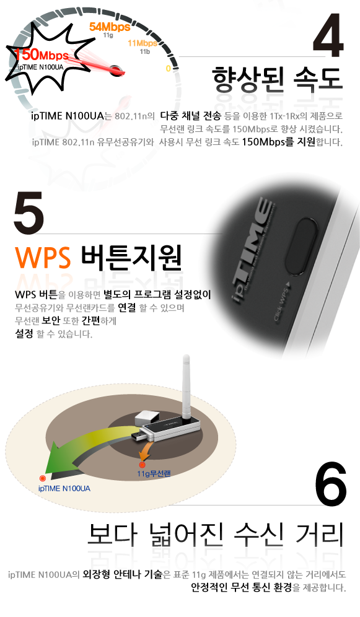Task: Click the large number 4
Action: point(328,35)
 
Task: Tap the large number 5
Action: point(29,212)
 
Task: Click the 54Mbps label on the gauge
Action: point(110,27)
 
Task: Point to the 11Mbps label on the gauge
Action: point(143,43)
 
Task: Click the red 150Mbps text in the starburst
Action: point(42,55)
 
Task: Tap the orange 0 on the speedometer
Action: point(168,69)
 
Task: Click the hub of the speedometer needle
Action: point(115,69)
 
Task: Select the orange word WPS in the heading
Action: point(43,257)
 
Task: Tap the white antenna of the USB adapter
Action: point(187,385)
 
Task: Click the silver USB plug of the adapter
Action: point(139,435)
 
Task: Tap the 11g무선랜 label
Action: point(154,473)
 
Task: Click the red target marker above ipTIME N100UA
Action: point(43,478)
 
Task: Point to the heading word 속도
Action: point(318,79)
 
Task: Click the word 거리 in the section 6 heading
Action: point(319,535)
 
